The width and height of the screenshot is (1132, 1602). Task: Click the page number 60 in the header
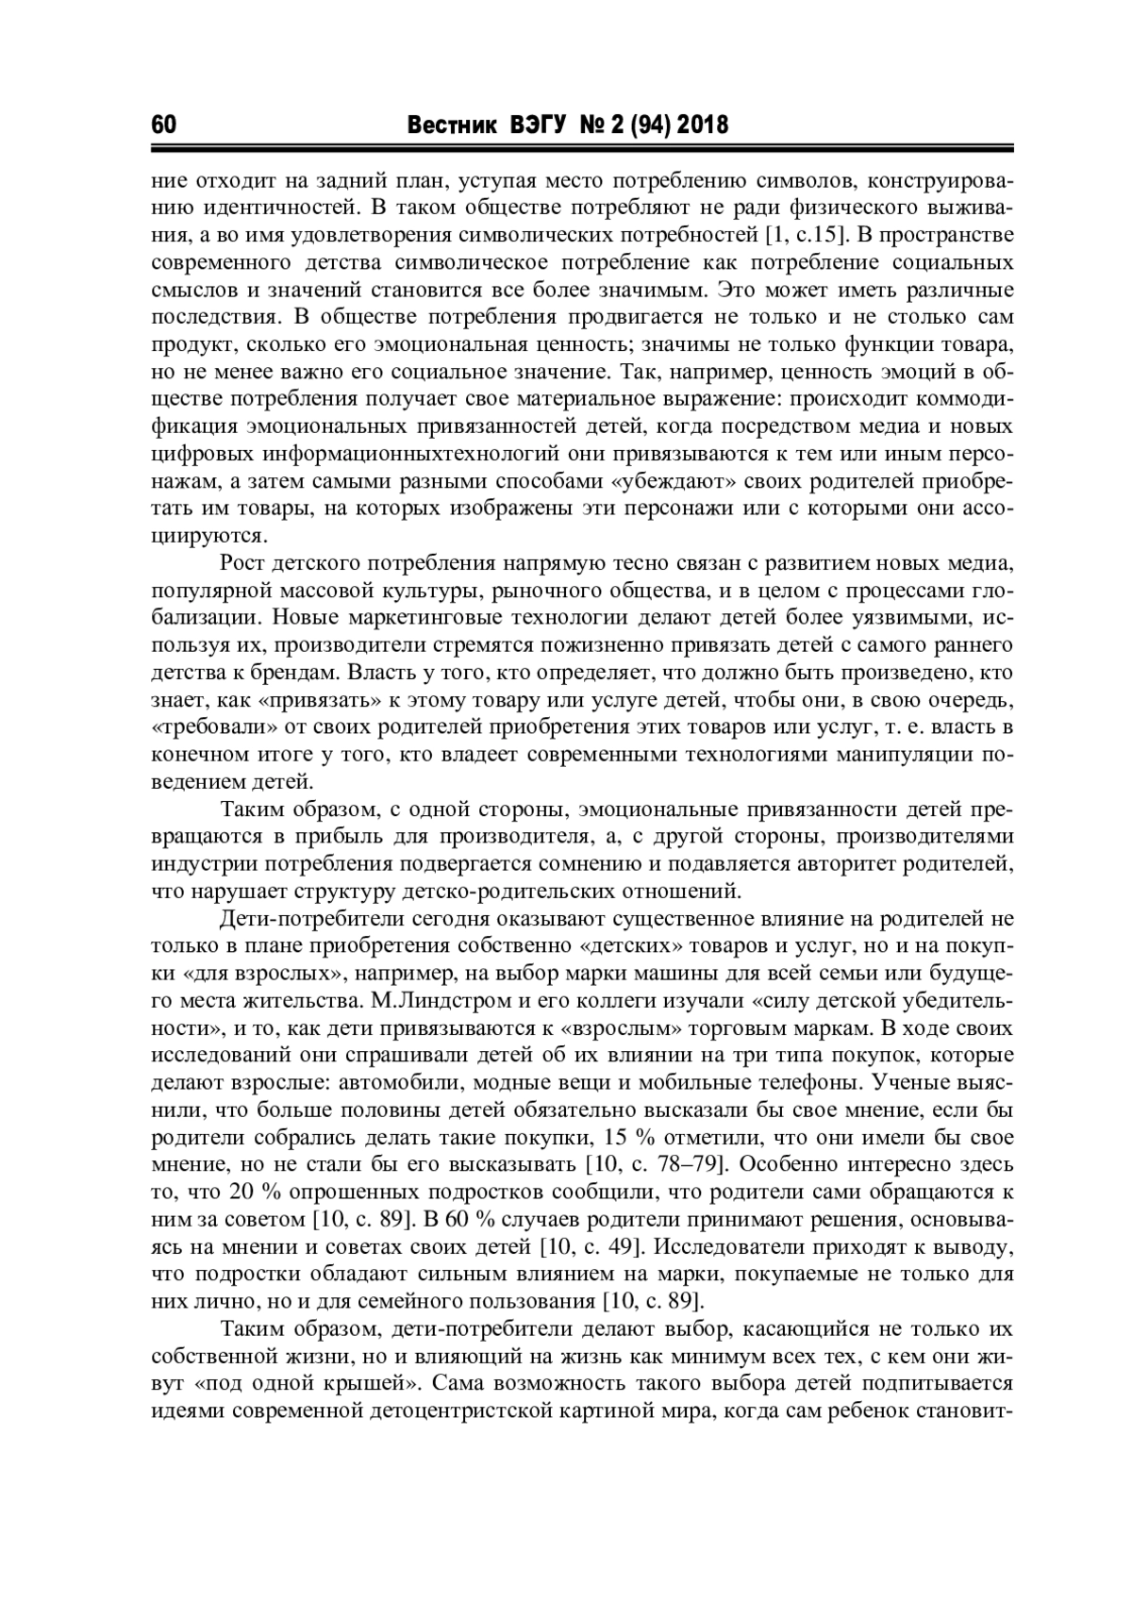(164, 125)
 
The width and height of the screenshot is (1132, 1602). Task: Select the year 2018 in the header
(703, 125)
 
